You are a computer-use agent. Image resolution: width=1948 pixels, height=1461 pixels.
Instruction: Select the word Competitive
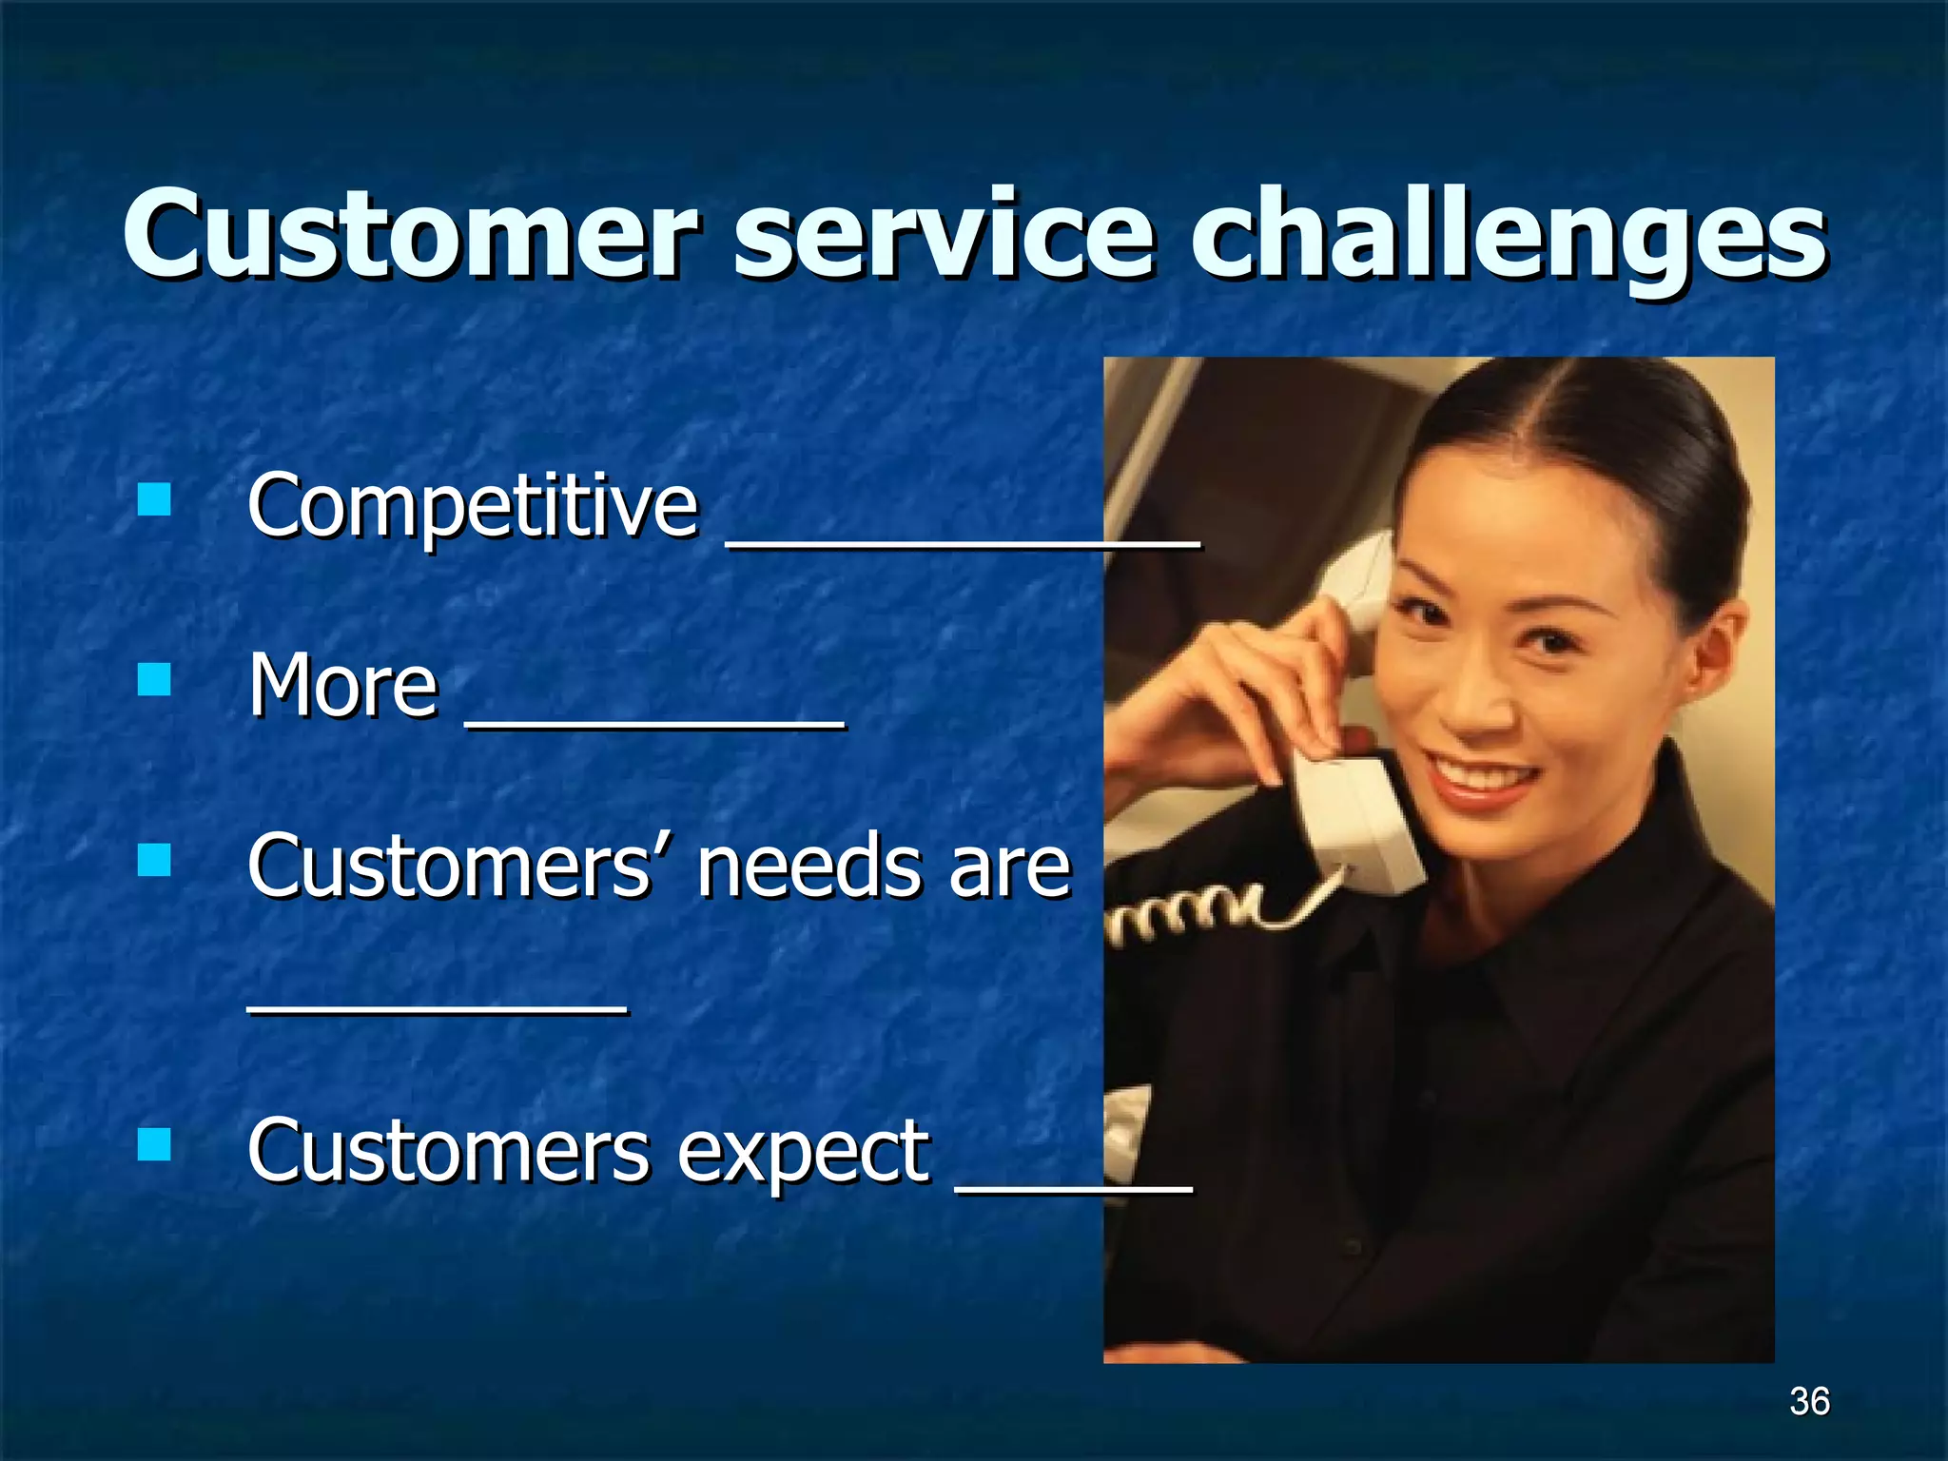click(473, 506)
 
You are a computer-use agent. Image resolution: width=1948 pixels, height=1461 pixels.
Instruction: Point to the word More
click(343, 684)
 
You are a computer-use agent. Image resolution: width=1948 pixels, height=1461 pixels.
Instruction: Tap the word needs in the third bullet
click(808, 867)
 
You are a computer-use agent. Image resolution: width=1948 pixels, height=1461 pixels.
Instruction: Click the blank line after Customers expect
click(1073, 1186)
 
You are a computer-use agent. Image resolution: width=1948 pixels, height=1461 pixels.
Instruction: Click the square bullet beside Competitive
click(154, 498)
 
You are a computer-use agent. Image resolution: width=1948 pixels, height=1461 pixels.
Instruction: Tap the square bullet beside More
click(154, 679)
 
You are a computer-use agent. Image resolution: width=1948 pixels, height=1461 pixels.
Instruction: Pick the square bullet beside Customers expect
click(154, 1144)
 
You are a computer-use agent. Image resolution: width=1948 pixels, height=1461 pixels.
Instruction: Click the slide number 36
click(1808, 1401)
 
